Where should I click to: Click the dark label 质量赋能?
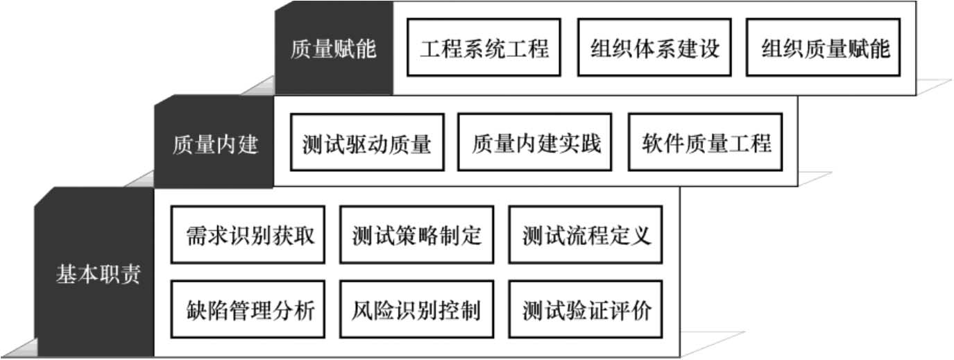pyautogui.click(x=333, y=49)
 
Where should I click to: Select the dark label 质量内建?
pyautogui.click(x=214, y=144)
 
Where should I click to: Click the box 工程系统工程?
pyautogui.click(x=484, y=48)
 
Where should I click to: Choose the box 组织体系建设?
pyautogui.click(x=654, y=48)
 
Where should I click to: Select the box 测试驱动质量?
pyautogui.click(x=367, y=143)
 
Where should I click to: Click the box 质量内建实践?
pyautogui.click(x=536, y=143)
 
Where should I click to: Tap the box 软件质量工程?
pyautogui.click(x=706, y=143)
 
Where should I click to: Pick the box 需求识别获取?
pyautogui.click(x=248, y=234)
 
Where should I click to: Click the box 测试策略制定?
pyautogui.click(x=416, y=234)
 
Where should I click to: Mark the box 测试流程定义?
pyautogui.click(x=586, y=234)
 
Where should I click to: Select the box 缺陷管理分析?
pyautogui.click(x=248, y=309)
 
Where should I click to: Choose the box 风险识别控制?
pyautogui.click(x=416, y=309)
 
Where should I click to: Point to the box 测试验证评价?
pyautogui.click(x=586, y=309)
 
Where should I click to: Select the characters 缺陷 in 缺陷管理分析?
pyautogui.click(x=203, y=309)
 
